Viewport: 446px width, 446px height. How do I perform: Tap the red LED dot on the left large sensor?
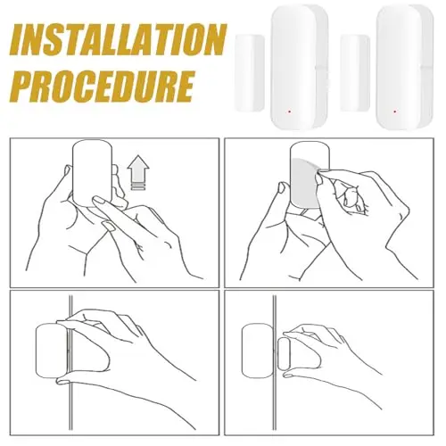click(x=289, y=112)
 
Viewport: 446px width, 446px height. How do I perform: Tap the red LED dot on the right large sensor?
click(x=394, y=111)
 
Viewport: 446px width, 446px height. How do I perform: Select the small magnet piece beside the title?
click(x=250, y=73)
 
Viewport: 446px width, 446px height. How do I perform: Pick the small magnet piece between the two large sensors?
click(x=355, y=73)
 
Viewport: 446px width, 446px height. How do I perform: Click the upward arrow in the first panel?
click(x=138, y=169)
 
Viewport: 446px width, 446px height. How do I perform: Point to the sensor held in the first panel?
click(x=93, y=173)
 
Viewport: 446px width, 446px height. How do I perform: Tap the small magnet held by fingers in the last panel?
click(x=285, y=353)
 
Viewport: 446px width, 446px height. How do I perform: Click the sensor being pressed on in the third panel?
click(x=52, y=351)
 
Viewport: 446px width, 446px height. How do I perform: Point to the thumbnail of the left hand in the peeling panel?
click(x=282, y=187)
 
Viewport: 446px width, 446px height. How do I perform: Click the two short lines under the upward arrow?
click(x=138, y=186)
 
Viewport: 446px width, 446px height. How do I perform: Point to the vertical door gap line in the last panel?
click(x=275, y=363)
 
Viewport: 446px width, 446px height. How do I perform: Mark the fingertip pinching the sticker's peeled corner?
click(x=319, y=178)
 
